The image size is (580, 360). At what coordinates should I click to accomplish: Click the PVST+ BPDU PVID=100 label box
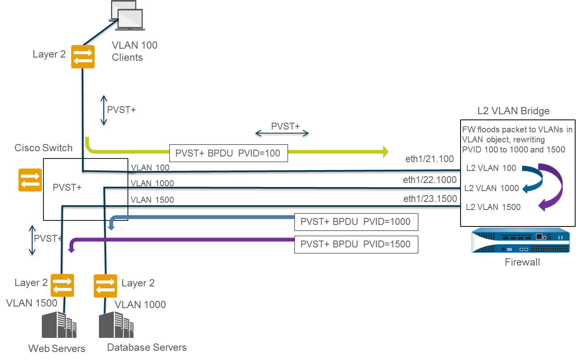coord(228,153)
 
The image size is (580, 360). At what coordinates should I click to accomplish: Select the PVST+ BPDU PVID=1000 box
coord(356,222)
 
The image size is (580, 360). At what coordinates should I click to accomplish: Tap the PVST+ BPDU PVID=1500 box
coord(356,244)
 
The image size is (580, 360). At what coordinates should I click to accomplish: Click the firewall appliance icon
coord(520,241)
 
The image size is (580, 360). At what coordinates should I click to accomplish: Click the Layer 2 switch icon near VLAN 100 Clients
coord(83,57)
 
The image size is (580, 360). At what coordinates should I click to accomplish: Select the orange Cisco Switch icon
coord(30,180)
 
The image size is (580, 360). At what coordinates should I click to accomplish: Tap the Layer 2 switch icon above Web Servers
coord(62,286)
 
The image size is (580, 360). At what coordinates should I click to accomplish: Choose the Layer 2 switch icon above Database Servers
coord(105,286)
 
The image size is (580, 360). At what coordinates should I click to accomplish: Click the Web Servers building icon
coord(59,325)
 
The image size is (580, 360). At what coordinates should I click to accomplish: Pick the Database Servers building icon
coord(116,325)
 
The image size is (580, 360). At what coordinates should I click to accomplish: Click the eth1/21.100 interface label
coord(429,159)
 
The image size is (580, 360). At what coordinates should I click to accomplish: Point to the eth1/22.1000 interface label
coord(430,180)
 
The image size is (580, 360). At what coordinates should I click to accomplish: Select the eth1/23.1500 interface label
coord(430,199)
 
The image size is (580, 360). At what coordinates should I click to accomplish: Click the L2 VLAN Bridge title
coord(513,111)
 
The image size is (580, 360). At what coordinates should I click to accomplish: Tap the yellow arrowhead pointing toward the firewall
coord(385,152)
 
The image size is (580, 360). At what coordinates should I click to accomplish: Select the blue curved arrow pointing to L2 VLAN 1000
coord(533,179)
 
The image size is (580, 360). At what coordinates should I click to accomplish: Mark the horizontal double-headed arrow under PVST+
coord(282,134)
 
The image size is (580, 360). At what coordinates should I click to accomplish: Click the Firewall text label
coord(522,262)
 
